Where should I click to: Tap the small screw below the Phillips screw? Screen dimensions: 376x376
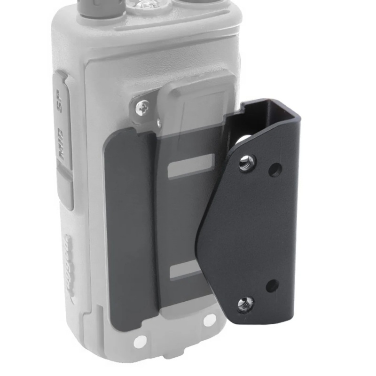pyautogui.click(x=158, y=123)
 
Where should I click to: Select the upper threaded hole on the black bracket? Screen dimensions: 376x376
pyautogui.click(x=245, y=164)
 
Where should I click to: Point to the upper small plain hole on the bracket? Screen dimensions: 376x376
pyautogui.click(x=274, y=169)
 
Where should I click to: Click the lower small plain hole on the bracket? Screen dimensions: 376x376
pyautogui.click(x=272, y=285)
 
